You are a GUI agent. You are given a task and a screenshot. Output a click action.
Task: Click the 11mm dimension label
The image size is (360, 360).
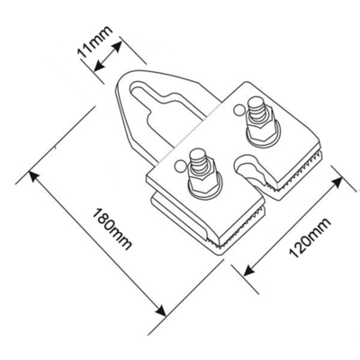coord(94,41)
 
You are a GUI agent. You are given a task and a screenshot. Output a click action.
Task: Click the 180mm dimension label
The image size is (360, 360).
coord(112,229)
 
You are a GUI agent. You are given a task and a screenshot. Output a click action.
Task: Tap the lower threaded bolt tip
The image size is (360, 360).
coord(196,155)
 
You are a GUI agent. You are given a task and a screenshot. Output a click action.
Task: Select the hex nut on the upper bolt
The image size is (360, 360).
coord(259,130)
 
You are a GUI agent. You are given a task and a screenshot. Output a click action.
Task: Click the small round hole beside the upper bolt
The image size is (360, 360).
coord(239,110)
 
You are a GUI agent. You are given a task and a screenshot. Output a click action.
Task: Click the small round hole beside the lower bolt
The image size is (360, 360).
coord(181,166)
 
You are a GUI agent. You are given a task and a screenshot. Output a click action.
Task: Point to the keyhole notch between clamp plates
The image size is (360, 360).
coord(247,168)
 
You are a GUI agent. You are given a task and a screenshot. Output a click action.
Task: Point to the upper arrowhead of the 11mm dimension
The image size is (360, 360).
coord(116,47)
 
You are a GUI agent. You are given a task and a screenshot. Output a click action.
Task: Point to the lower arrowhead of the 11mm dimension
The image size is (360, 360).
coord(99,66)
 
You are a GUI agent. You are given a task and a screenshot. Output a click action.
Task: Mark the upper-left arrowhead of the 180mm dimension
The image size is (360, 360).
coord(33,176)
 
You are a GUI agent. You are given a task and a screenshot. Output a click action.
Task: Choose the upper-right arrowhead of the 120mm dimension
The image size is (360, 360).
coord(337,182)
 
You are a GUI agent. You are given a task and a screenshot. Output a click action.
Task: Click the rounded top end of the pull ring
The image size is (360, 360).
coord(132,74)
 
